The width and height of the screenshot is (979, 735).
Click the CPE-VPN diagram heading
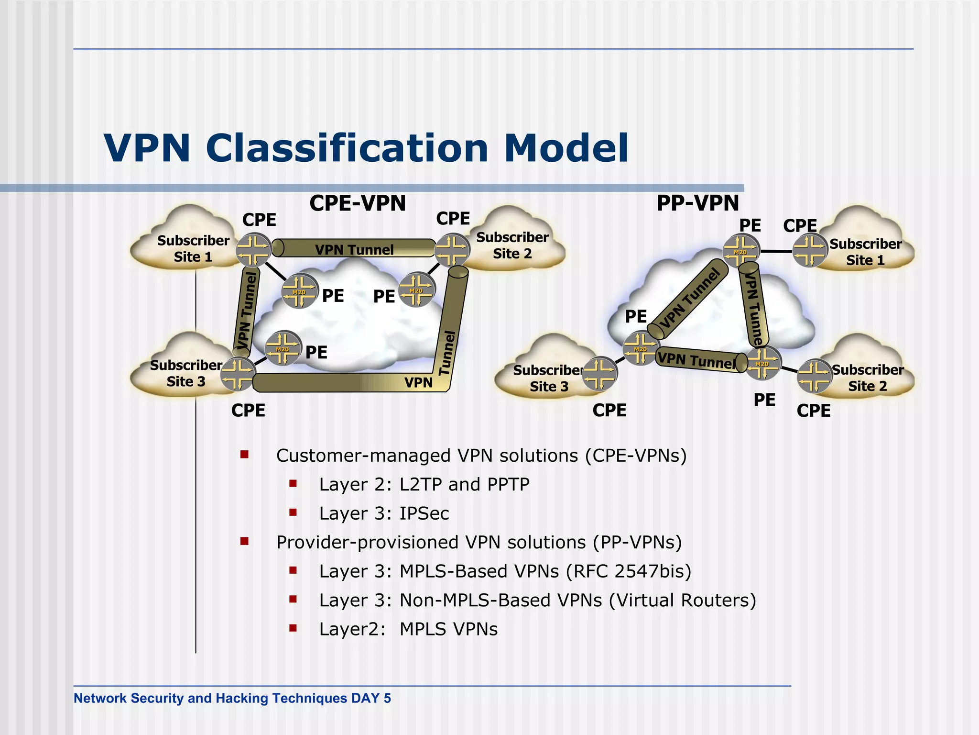point(358,203)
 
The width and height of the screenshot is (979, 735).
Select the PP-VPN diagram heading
point(697,203)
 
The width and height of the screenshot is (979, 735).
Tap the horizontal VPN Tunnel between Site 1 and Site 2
point(355,249)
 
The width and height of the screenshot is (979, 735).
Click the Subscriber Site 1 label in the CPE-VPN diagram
point(193,248)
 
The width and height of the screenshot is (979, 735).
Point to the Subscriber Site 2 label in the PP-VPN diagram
point(867,378)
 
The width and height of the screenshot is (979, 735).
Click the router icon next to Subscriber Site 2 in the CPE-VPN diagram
point(452,249)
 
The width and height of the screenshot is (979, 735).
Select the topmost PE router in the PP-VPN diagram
point(740,250)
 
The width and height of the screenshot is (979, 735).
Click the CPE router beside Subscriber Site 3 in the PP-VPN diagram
point(599,374)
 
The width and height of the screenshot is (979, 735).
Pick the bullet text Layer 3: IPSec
point(384,513)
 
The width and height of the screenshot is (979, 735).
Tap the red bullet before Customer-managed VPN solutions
point(245,455)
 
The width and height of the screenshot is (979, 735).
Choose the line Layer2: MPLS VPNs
point(408,629)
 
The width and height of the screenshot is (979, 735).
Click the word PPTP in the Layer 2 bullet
point(508,484)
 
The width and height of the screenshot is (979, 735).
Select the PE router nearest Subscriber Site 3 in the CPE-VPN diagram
point(283,348)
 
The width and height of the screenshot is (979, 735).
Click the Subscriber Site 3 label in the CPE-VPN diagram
point(185,373)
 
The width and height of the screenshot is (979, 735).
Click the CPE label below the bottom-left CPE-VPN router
point(248,411)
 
